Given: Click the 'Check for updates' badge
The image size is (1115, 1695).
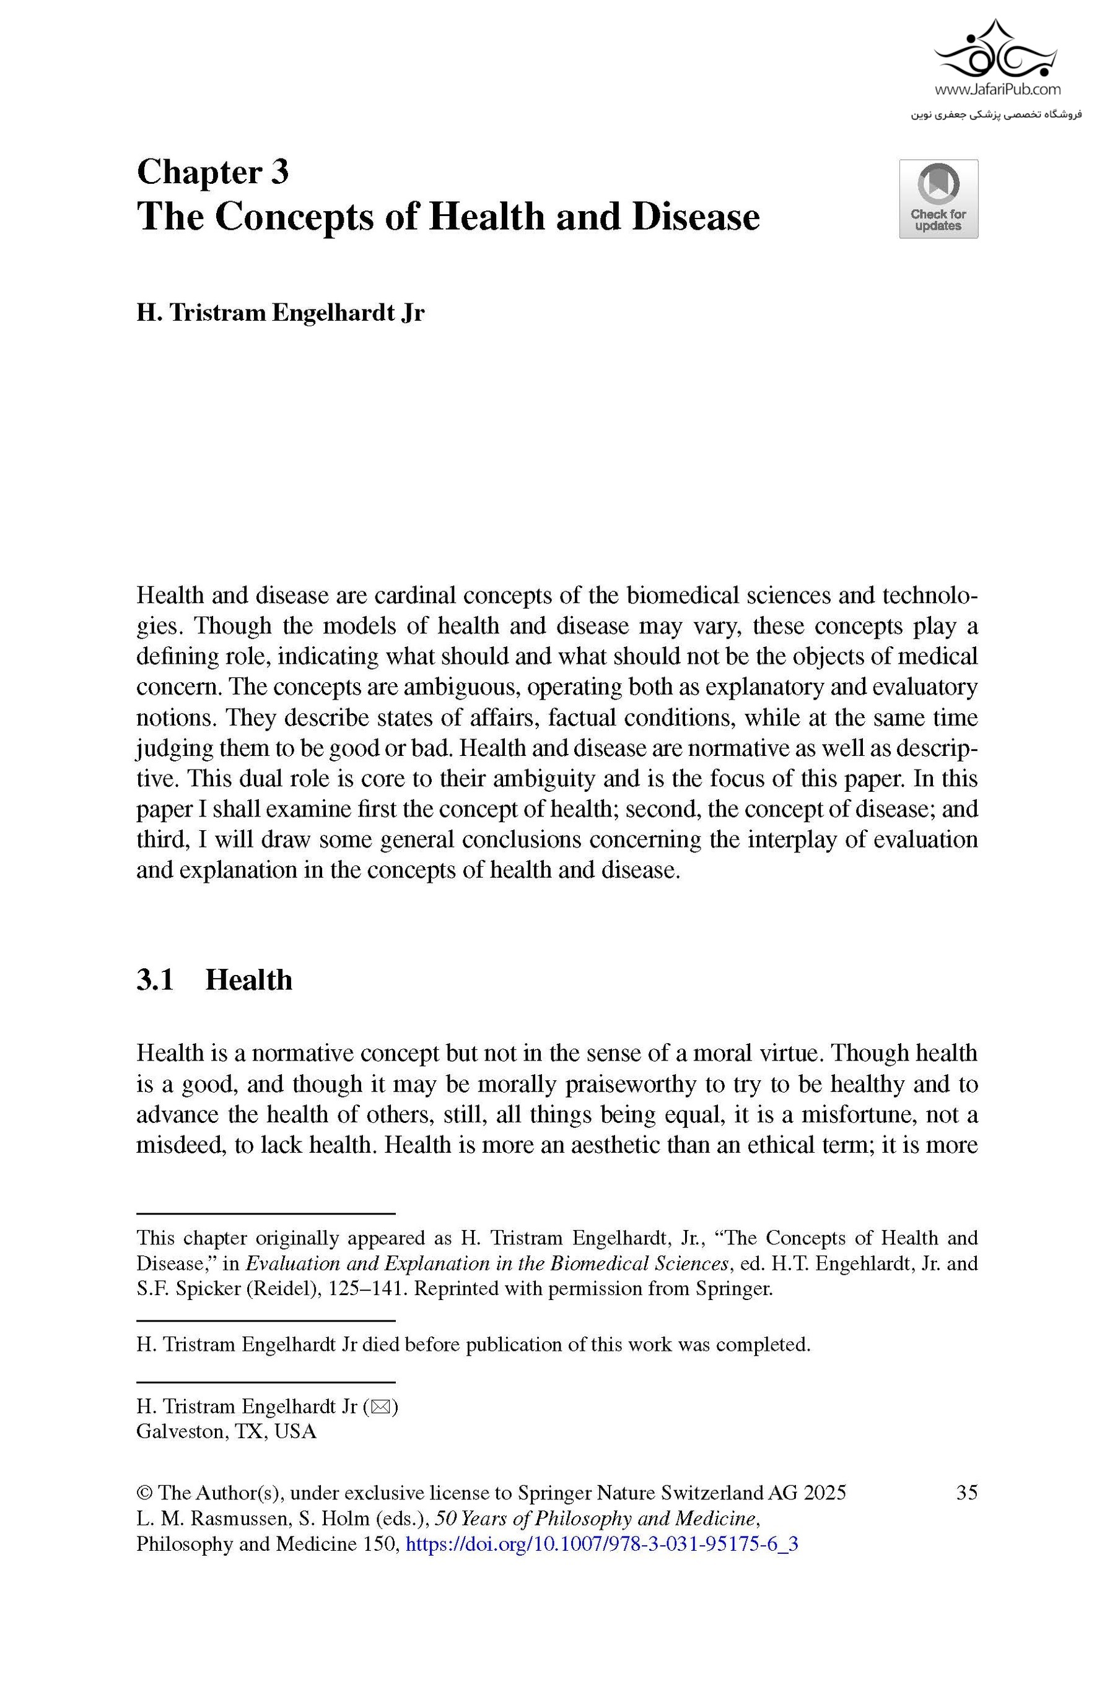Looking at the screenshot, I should pyautogui.click(x=938, y=199).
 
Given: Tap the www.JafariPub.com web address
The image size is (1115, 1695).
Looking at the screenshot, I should pyautogui.click(x=997, y=90).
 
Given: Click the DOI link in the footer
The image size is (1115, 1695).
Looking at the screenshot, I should pyautogui.click(x=601, y=1544).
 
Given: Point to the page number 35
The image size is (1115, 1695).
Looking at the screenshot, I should pyautogui.click(x=966, y=1493).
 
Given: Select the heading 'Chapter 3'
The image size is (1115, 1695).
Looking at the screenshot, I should pyautogui.click(x=212, y=172).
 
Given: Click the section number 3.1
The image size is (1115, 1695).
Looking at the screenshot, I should pyautogui.click(x=155, y=981).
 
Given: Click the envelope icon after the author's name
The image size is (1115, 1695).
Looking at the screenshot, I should pyautogui.click(x=380, y=1407).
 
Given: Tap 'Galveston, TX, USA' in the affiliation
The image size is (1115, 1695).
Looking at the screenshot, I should pyautogui.click(x=226, y=1431).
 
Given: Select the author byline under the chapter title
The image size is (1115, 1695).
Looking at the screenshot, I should pyautogui.click(x=280, y=313).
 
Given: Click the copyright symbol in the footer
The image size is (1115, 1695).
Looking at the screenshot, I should pyautogui.click(x=144, y=1493).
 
